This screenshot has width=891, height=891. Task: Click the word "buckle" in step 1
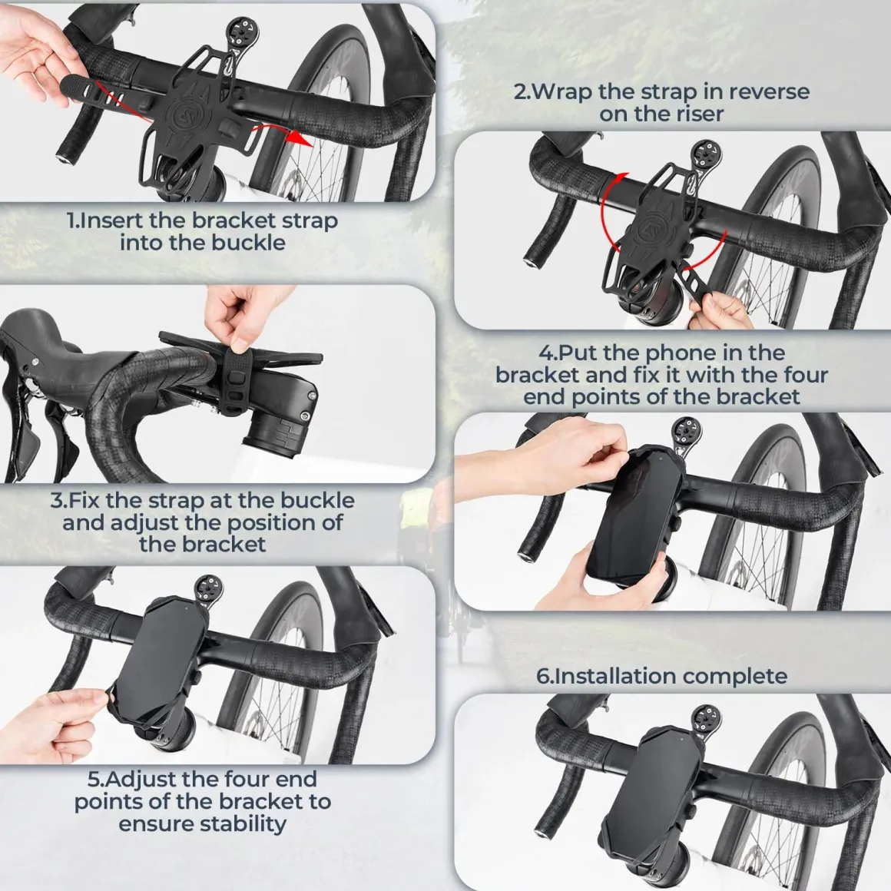click(x=250, y=243)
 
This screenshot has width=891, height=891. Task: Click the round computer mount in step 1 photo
click(x=240, y=28)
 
